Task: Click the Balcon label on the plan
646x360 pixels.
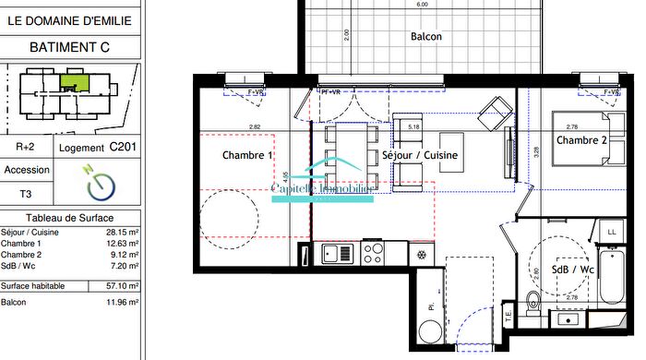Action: pyautogui.click(x=426, y=37)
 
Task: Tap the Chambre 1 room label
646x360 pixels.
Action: pyautogui.click(x=248, y=156)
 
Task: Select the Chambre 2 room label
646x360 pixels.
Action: pyautogui.click(x=581, y=140)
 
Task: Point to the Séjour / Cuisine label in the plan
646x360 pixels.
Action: pyautogui.click(x=420, y=156)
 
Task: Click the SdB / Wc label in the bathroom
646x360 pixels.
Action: pyautogui.click(x=573, y=270)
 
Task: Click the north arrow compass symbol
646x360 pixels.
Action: pyautogui.click(x=101, y=185)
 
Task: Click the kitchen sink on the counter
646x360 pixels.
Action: pyautogui.click(x=337, y=253)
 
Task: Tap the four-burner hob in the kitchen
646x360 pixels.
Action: pyautogui.click(x=373, y=252)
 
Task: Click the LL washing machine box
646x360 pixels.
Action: pyautogui.click(x=611, y=231)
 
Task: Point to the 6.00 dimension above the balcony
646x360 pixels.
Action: pyautogui.click(x=422, y=5)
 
